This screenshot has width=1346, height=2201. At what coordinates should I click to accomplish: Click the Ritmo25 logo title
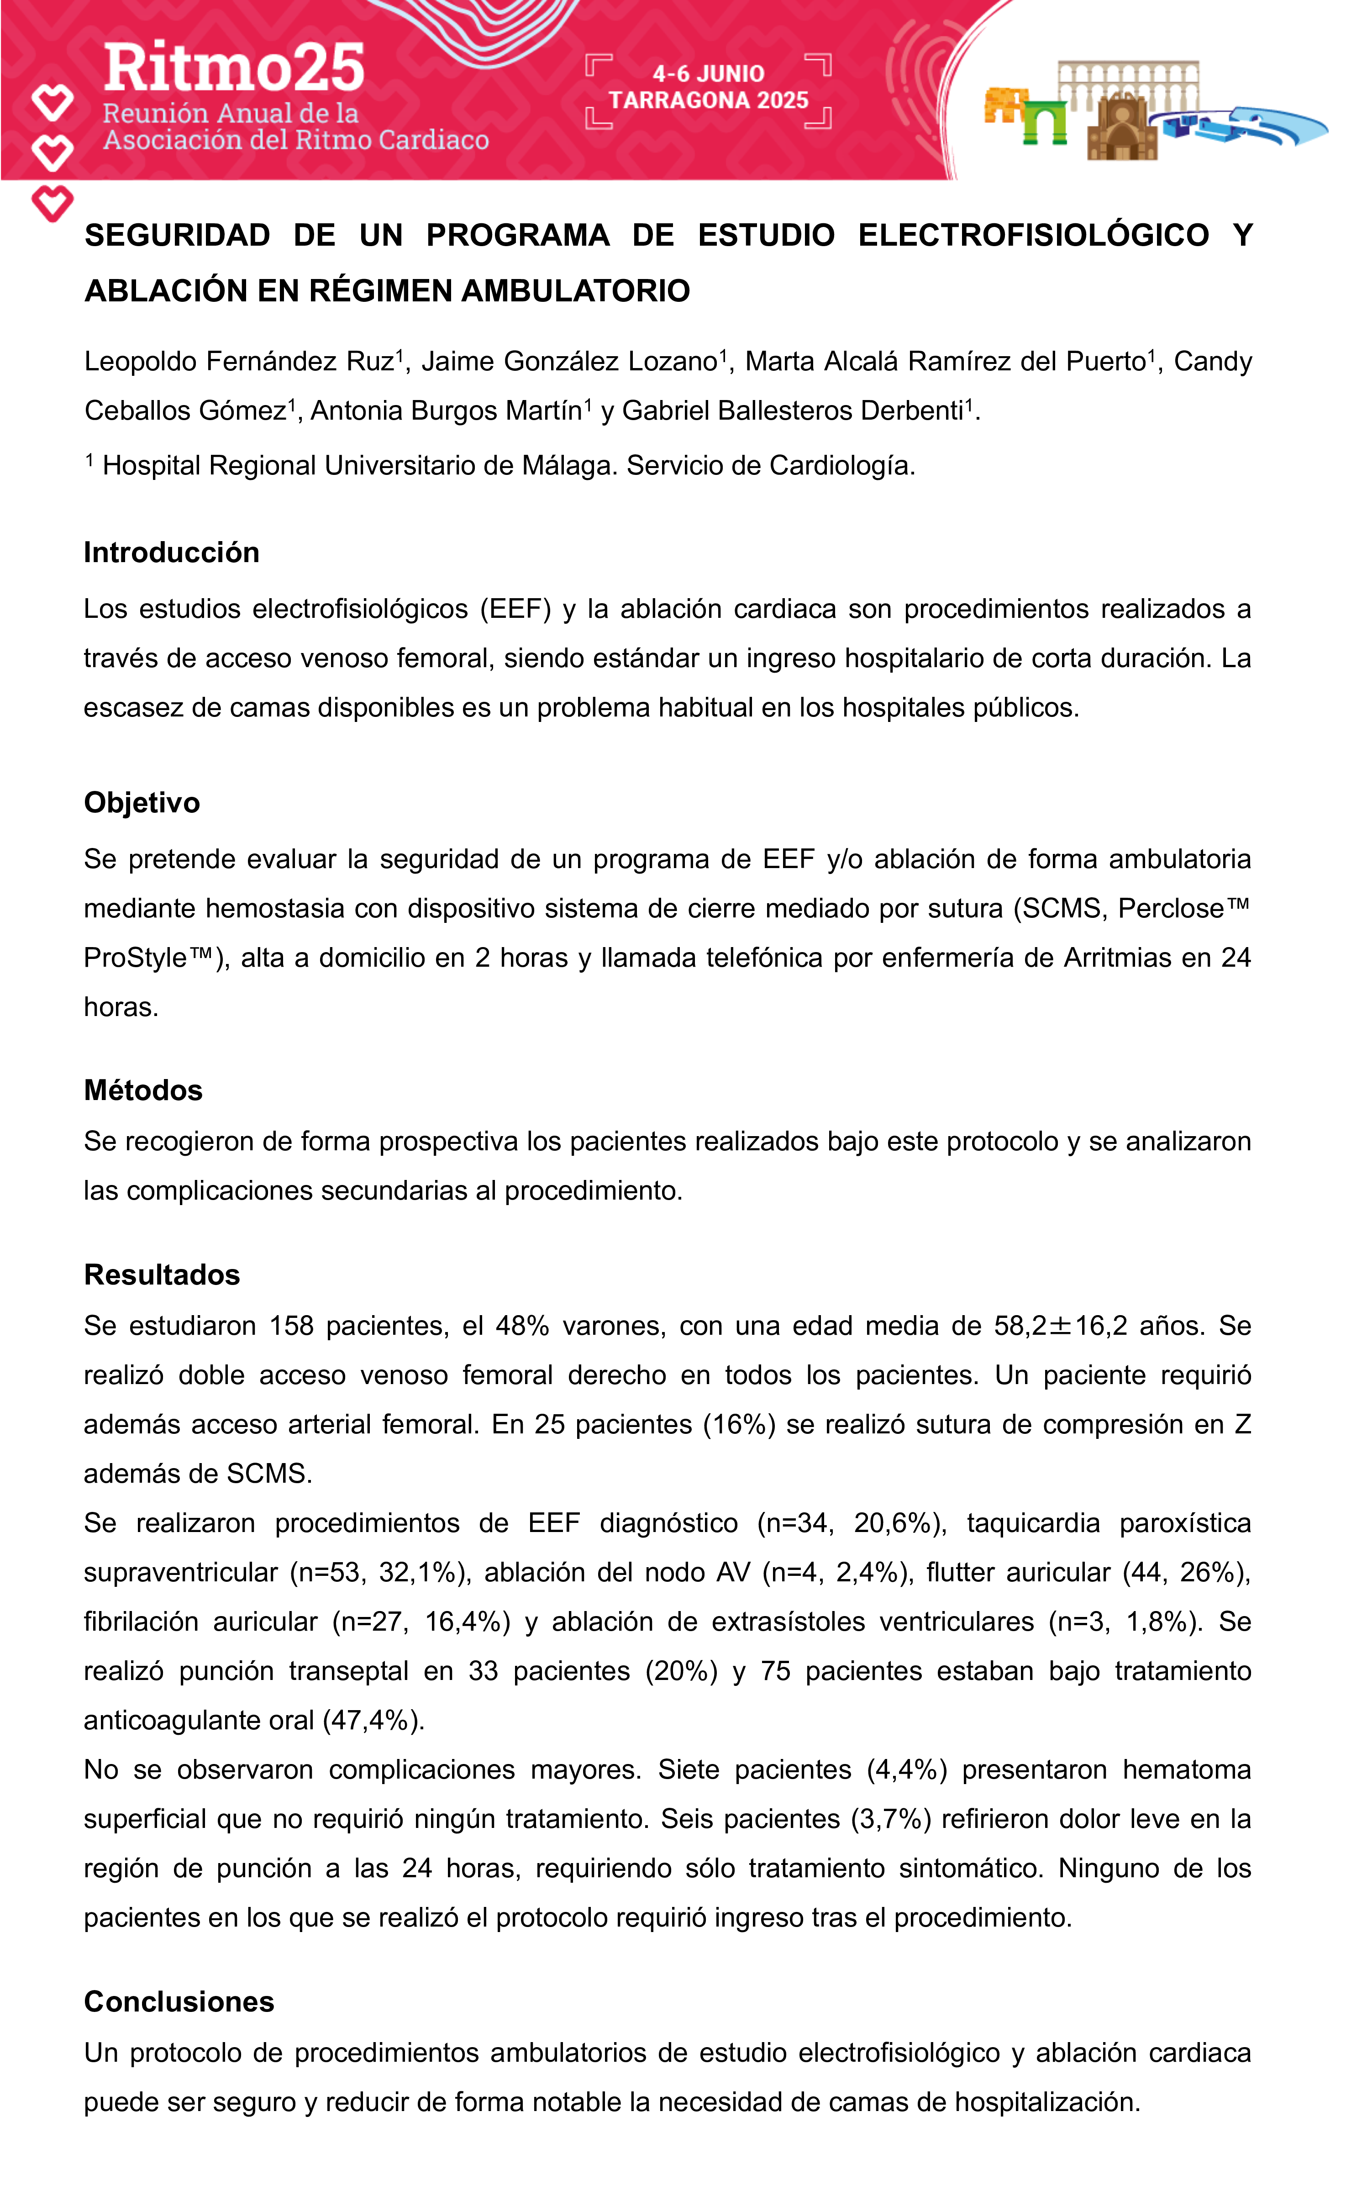[x=234, y=68]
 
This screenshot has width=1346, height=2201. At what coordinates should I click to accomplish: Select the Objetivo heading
[x=142, y=803]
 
